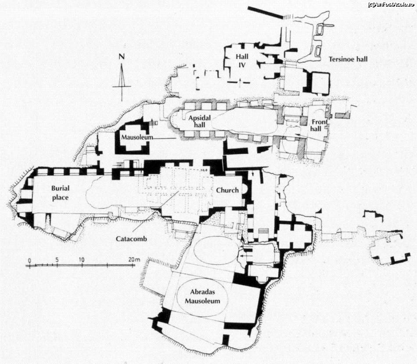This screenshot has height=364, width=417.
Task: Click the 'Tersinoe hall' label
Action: (348, 59)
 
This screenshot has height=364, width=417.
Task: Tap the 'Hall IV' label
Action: (242, 60)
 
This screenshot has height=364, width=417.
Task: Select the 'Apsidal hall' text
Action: (199, 121)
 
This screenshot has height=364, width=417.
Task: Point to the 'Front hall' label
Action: (320, 125)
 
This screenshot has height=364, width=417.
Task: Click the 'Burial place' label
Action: (60, 193)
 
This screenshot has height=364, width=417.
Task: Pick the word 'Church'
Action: (227, 190)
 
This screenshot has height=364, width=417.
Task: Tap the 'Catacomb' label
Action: (131, 239)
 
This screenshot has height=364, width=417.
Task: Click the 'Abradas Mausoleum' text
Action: (203, 296)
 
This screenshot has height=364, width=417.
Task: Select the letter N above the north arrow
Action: (122, 56)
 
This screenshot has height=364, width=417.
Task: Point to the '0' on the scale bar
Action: (29, 260)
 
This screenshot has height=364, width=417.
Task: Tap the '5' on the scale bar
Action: (57, 260)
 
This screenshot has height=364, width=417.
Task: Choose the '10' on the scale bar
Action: (81, 260)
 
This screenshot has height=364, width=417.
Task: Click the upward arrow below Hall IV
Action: (240, 83)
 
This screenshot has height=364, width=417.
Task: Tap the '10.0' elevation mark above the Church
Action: (204, 170)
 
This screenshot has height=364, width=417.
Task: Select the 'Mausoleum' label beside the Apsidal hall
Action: (137, 138)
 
